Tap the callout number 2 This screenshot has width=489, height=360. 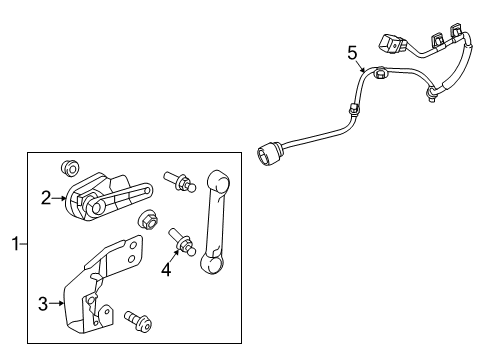(46, 198)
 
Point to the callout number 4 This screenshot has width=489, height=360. (167, 269)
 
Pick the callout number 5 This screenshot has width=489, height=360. (350, 52)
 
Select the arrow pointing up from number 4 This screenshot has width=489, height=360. (171, 254)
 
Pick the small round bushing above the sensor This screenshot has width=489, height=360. (71, 166)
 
